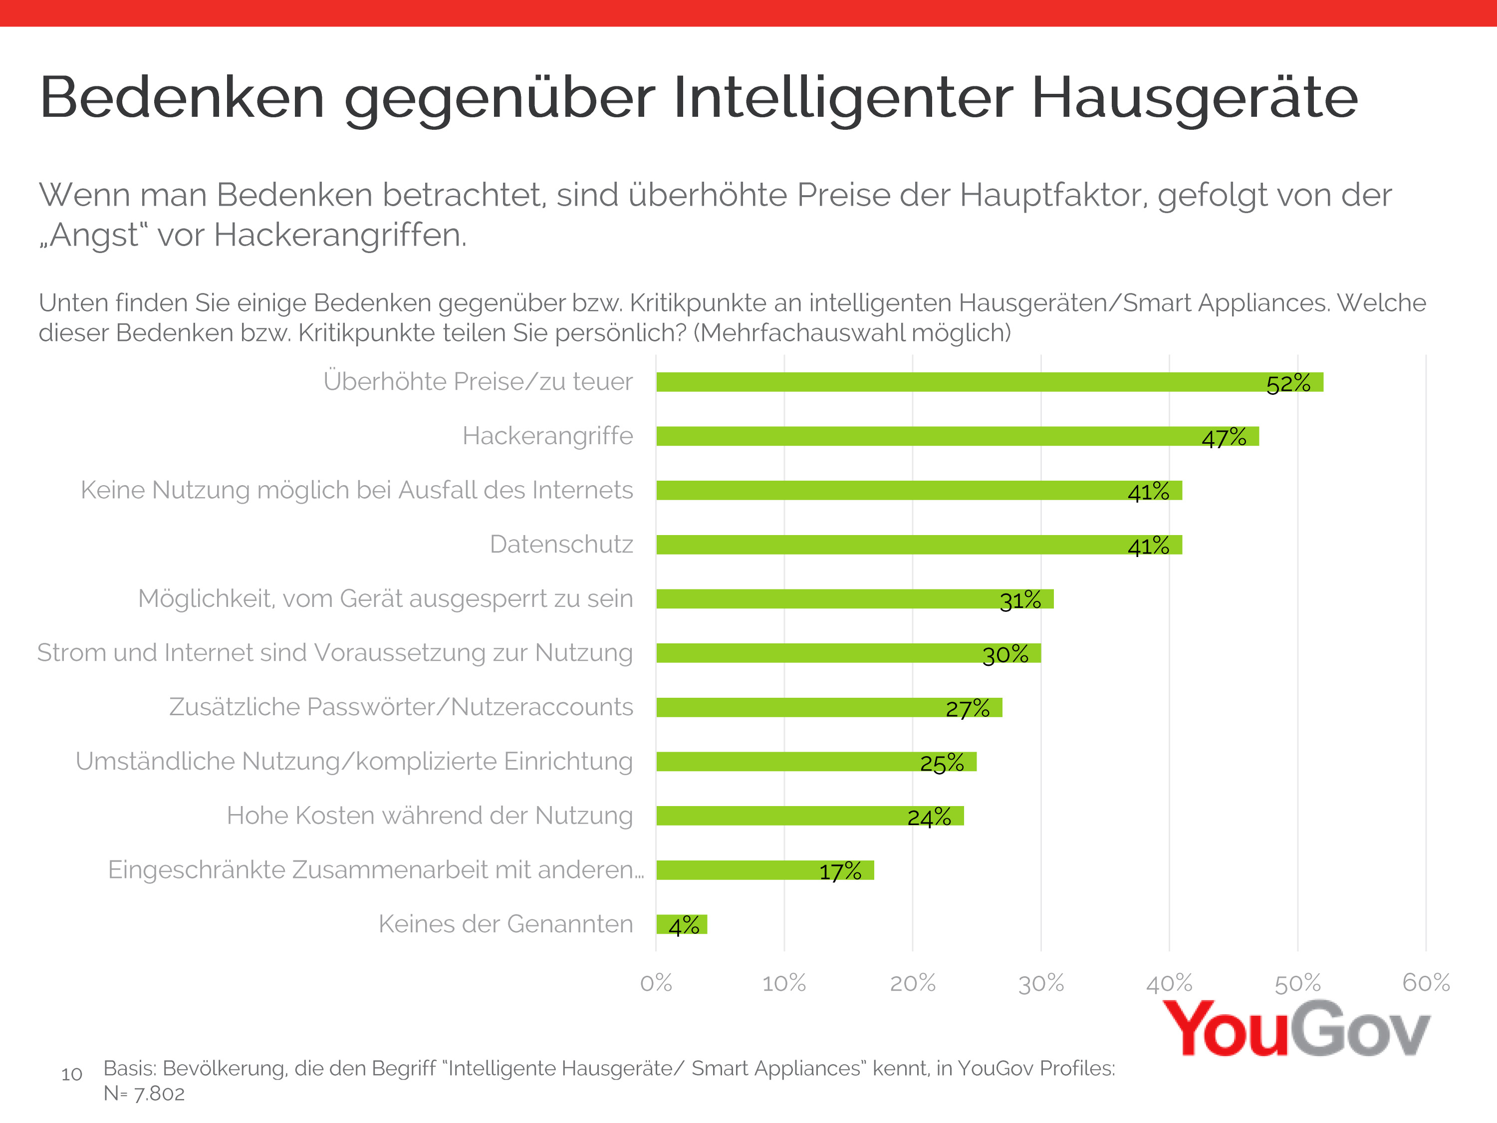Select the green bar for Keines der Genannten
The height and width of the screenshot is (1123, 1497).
[x=682, y=924]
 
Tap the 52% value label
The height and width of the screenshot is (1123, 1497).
[x=1288, y=384]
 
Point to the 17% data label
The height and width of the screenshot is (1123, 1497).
[x=840, y=871]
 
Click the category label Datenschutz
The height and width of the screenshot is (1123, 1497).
[x=561, y=544]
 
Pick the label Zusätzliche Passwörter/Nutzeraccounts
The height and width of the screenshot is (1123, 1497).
[x=401, y=707]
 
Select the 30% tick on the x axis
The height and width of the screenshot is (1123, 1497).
[x=1041, y=983]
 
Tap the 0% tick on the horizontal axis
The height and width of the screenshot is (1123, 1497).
[x=656, y=983]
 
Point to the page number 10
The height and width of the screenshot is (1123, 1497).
[x=72, y=1074]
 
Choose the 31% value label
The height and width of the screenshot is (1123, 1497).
[x=1020, y=600]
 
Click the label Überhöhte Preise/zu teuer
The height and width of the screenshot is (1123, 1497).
[x=478, y=382]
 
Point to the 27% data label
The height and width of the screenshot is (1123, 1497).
[x=967, y=709]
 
